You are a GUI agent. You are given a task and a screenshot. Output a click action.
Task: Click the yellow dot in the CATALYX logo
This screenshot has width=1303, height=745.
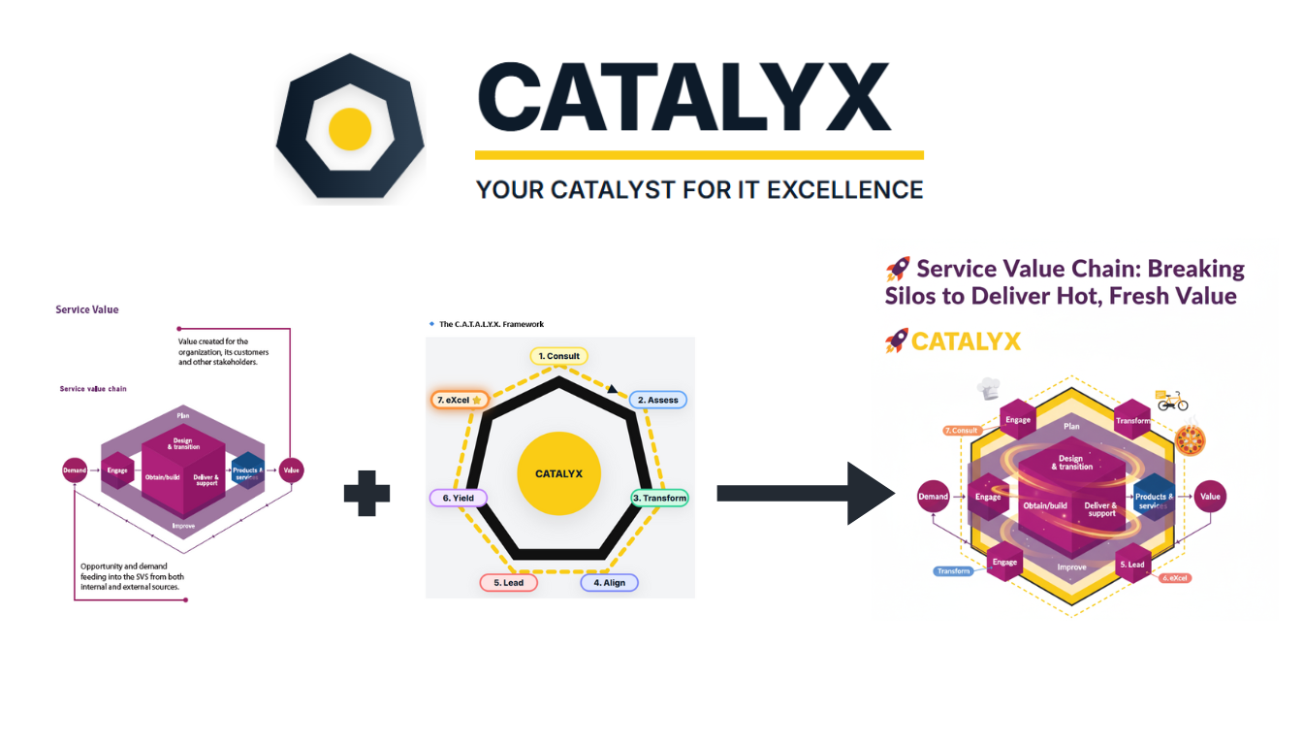pyautogui.click(x=350, y=129)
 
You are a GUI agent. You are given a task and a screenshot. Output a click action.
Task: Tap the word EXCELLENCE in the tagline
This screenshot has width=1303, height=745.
pyautogui.click(x=844, y=189)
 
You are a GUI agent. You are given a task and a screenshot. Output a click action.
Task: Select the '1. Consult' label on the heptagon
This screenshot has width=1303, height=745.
pyautogui.click(x=559, y=356)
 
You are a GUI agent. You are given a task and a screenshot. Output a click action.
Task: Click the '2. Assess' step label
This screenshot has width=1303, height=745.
pyautogui.click(x=657, y=400)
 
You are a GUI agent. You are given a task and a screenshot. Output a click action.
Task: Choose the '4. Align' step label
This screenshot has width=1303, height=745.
pyautogui.click(x=609, y=583)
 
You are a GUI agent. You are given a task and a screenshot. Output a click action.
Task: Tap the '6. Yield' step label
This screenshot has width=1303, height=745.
pyautogui.click(x=458, y=498)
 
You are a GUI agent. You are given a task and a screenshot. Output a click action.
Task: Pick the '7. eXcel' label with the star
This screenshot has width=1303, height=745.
pyautogui.click(x=461, y=400)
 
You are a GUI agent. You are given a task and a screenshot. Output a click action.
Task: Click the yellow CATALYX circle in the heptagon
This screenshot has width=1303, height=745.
pyautogui.click(x=558, y=473)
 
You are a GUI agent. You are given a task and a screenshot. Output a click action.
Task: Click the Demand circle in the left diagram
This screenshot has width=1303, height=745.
pyautogui.click(x=75, y=470)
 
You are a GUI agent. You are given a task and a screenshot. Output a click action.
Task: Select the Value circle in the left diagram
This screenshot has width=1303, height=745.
pyautogui.click(x=291, y=470)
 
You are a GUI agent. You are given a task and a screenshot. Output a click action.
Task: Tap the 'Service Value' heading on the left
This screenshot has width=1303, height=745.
pyautogui.click(x=87, y=310)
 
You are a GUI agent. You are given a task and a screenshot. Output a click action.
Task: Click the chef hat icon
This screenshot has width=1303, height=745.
pyautogui.click(x=989, y=389)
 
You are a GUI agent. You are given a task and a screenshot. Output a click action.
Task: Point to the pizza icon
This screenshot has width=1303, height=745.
pyautogui.click(x=1190, y=441)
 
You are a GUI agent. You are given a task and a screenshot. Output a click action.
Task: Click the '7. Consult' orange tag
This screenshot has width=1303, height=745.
pyautogui.click(x=962, y=430)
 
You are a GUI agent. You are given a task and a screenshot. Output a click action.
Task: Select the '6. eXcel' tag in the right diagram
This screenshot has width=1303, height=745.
pyautogui.click(x=1175, y=578)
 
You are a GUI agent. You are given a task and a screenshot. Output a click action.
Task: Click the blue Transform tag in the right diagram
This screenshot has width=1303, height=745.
pyautogui.click(x=953, y=571)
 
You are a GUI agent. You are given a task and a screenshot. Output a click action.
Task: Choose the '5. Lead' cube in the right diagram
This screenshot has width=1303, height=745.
pyautogui.click(x=1132, y=564)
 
